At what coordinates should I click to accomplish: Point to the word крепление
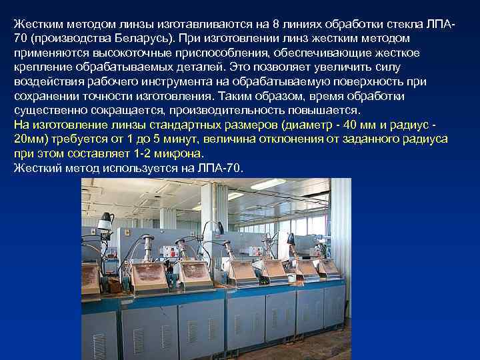point(41,67)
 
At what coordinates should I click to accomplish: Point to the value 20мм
point(29,139)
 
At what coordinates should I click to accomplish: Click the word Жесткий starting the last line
point(36,168)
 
